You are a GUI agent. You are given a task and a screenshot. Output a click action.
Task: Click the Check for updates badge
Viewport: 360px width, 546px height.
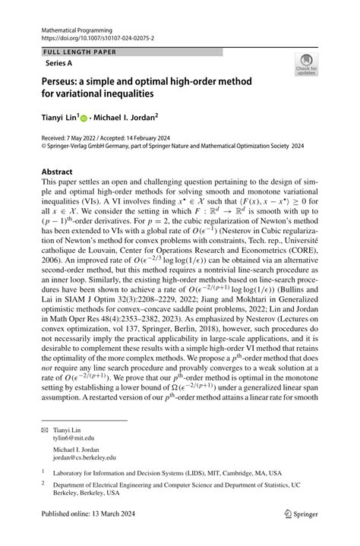306,65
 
